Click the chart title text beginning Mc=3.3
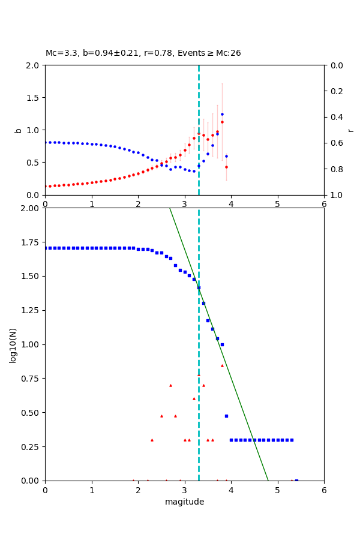[143, 53]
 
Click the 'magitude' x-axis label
[184, 502]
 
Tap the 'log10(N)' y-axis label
[13, 344]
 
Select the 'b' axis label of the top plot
[18, 130]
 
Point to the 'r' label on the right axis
[351, 130]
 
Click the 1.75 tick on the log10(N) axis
[31, 242]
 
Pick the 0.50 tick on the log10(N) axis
[31, 413]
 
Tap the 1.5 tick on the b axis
[33, 97]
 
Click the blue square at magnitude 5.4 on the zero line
[296, 481]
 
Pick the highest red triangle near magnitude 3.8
[222, 365]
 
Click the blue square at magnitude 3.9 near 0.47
[226, 416]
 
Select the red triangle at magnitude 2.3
[152, 440]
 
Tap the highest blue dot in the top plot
[222, 114]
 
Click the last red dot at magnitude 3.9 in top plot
[226, 167]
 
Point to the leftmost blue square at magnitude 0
[45, 248]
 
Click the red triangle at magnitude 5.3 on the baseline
[292, 480]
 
